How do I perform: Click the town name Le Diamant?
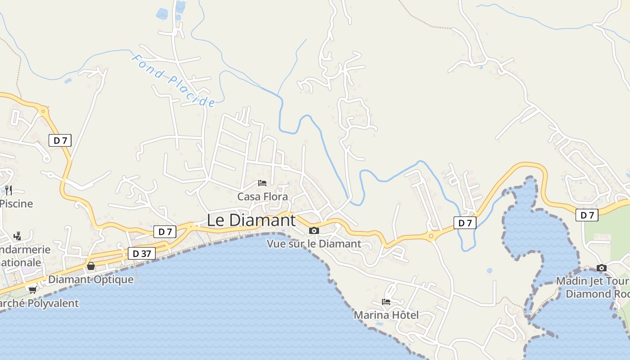pos(251,220)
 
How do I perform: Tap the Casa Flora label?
pos(262,197)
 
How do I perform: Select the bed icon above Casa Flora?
pos(262,183)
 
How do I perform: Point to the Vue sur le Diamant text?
pos(314,244)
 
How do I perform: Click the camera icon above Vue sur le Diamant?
pos(314,231)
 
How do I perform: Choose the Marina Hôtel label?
pos(386,315)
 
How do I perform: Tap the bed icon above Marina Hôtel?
pos(386,302)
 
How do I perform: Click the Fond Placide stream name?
pos(173,81)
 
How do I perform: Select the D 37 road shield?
pos(142,254)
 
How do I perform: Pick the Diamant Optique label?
pos(91,279)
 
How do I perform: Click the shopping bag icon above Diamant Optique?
pos(91,266)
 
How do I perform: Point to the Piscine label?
pos(17,203)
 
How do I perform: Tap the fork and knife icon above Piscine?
pos(9,190)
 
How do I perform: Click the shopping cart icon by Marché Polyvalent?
pos(32,290)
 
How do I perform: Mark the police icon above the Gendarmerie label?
pos(17,236)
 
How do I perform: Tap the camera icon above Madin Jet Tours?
pos(602,268)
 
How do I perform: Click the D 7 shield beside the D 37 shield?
pos(165,232)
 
